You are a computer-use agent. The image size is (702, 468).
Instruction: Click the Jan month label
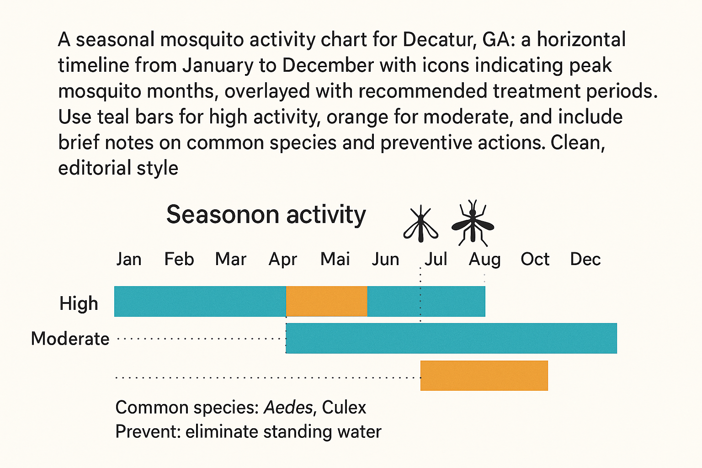click(x=128, y=259)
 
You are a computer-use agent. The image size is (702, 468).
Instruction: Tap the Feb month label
click(x=179, y=259)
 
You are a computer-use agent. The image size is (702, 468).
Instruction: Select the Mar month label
click(x=231, y=259)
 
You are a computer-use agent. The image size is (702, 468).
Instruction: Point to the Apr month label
click(x=283, y=260)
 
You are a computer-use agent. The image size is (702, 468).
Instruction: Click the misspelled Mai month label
click(x=335, y=259)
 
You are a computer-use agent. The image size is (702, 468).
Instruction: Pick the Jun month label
click(x=385, y=259)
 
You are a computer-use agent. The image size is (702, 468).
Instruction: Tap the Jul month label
click(x=436, y=259)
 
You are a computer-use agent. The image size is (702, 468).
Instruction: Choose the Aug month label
click(x=485, y=260)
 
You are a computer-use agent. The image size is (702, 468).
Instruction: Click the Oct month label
click(x=535, y=259)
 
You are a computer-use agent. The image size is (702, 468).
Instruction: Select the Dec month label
click(x=585, y=259)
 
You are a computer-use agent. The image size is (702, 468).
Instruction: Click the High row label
click(x=79, y=303)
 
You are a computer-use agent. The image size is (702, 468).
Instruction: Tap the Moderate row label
click(x=70, y=339)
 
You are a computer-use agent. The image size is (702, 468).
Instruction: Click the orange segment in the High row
click(x=326, y=301)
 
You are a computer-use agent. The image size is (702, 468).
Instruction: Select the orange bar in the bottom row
click(x=484, y=375)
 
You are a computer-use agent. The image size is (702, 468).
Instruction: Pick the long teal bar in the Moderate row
click(x=451, y=338)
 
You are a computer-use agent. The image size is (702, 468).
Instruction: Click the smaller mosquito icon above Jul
click(x=420, y=224)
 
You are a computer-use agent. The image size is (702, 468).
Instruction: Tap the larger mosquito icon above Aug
click(x=473, y=223)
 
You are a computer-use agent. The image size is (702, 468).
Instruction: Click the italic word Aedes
click(x=288, y=407)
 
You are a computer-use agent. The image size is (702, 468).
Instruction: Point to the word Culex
click(x=344, y=407)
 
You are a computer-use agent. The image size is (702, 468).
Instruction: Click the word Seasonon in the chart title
click(x=223, y=215)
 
